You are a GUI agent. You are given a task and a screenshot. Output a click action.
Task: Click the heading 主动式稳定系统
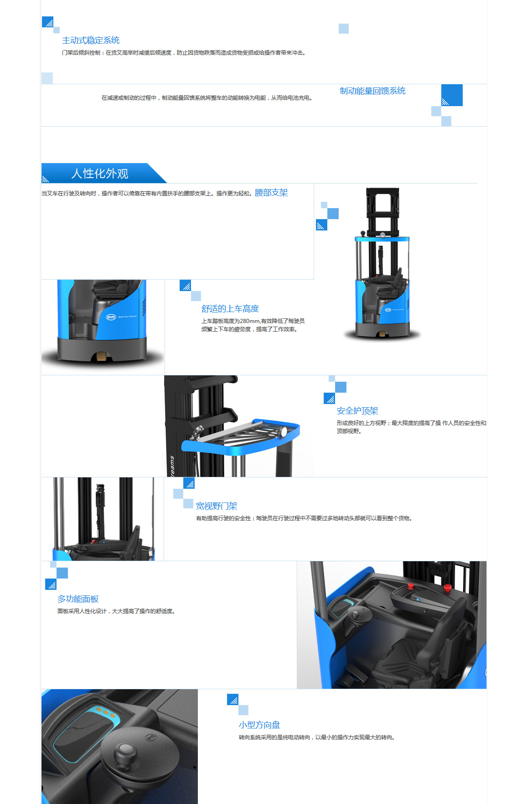click(91, 40)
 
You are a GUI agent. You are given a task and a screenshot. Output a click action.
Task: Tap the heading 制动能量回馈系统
click(372, 91)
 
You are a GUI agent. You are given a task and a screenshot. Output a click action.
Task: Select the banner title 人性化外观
click(100, 174)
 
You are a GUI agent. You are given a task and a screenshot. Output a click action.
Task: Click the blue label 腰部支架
click(271, 193)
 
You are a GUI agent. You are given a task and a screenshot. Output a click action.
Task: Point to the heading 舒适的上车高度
click(230, 308)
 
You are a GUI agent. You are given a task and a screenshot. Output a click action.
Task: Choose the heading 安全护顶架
click(357, 410)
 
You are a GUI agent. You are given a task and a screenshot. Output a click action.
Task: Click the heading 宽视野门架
click(217, 506)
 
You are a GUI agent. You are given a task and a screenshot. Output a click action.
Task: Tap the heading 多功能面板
click(78, 599)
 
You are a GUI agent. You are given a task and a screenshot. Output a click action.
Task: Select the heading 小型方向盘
click(259, 724)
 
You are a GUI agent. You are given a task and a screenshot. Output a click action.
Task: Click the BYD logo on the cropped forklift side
click(111, 317)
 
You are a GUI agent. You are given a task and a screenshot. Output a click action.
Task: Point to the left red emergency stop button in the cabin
click(410, 585)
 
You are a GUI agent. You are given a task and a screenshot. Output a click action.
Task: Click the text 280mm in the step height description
click(250, 321)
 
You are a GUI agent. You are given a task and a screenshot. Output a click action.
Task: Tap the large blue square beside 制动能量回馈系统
click(452, 95)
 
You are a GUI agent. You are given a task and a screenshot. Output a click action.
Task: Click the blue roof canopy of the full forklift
click(382, 239)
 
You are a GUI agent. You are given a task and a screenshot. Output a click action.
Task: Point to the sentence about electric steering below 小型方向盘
click(316, 737)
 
